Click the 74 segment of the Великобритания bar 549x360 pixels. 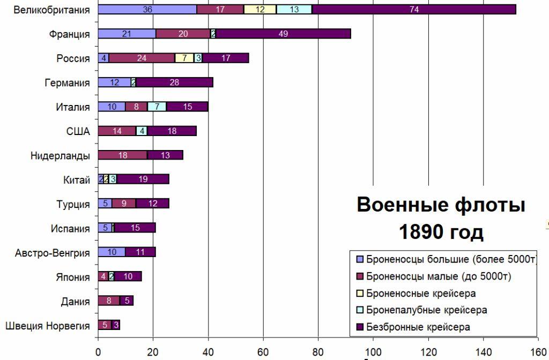[x=413, y=10]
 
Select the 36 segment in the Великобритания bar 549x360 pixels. [x=147, y=10]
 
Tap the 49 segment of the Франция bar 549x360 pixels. [x=283, y=34]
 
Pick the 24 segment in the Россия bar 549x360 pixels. [x=142, y=58]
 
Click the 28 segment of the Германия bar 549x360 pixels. [x=175, y=82]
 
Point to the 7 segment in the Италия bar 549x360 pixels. [x=157, y=107]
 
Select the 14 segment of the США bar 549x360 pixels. [x=117, y=131]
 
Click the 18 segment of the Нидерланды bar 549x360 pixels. [x=122, y=155]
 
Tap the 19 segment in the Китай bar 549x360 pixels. [x=143, y=179]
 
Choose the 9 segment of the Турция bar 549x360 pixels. [x=124, y=204]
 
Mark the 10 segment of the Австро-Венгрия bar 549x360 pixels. [x=112, y=252]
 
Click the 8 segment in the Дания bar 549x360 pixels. [x=109, y=301]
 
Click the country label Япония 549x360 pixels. [x=73, y=277]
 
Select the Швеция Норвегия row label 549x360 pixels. [x=47, y=325]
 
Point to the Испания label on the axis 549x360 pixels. [x=70, y=228]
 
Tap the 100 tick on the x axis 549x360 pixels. [x=373, y=352]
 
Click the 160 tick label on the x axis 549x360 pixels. [x=538, y=352]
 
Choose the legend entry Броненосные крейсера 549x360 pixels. [x=421, y=294]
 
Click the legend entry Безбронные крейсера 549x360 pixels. [x=419, y=327]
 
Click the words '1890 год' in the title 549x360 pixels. [x=441, y=232]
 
